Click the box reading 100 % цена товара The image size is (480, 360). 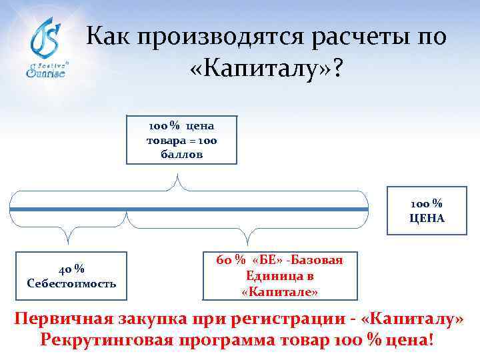click(x=181, y=140)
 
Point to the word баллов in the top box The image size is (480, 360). click(x=181, y=154)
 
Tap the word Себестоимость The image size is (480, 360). click(x=71, y=283)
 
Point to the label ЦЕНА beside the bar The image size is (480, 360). click(x=427, y=219)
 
